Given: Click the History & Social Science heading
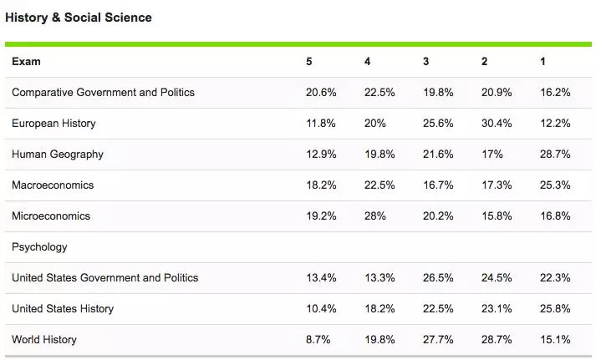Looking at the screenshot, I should tap(79, 17).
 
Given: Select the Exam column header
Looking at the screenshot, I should tap(26, 62).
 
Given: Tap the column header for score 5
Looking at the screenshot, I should tap(309, 62).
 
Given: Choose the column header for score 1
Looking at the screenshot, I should tap(544, 62).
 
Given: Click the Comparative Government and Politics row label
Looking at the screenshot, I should tap(103, 93).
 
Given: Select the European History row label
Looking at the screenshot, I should tap(53, 124).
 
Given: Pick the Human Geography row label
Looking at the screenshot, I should tap(58, 155).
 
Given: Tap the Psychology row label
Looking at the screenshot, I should tap(39, 247).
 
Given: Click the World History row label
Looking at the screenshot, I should tap(44, 339).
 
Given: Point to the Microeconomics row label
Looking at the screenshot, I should tap(51, 216).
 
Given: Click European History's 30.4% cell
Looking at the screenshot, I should tap(497, 124).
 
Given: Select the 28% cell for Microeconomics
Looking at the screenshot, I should tap(375, 216).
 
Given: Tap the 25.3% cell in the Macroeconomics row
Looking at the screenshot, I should tap(556, 185).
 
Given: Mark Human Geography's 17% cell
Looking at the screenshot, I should tap(492, 155).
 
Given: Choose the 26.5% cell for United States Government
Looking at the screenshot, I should tap(438, 277).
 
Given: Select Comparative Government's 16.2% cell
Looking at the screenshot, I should tap(556, 93).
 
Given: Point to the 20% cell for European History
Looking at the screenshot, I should tap(375, 124).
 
